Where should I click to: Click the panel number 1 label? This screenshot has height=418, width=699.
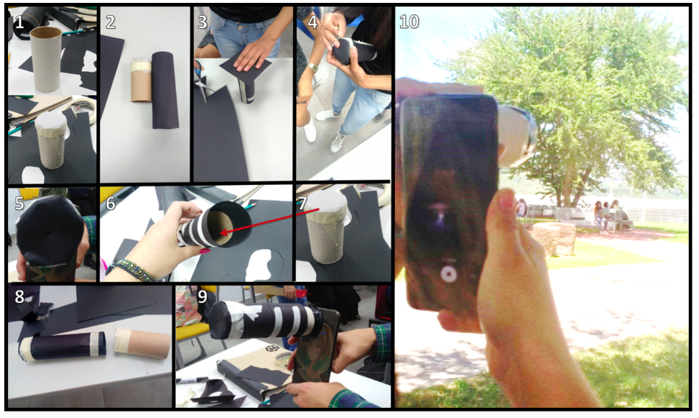[x=19, y=22]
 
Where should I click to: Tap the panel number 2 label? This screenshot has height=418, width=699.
[x=110, y=22]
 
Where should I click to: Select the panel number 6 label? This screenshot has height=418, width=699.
[x=110, y=203]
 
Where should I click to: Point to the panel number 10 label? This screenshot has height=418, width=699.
[x=409, y=22]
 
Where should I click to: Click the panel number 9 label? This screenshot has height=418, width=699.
[x=203, y=297]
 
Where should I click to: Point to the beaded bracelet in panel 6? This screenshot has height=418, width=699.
[x=134, y=271]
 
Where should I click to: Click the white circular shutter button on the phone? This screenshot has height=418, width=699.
[x=448, y=274]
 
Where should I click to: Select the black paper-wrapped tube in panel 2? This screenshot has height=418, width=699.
[x=165, y=90]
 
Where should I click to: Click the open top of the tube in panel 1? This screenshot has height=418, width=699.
[x=45, y=32]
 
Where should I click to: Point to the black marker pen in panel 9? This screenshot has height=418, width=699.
[x=193, y=381]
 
